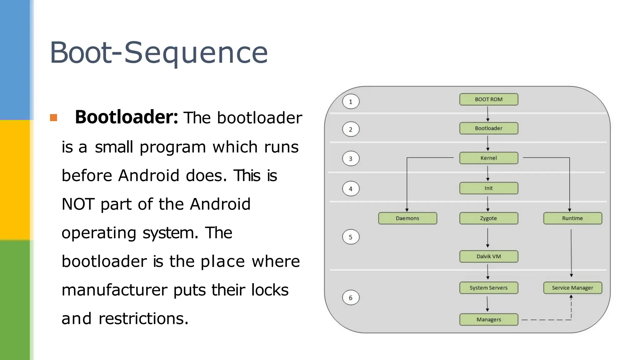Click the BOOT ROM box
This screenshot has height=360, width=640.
488,99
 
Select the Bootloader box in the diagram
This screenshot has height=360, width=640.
488,128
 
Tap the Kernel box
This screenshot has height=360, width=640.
488,158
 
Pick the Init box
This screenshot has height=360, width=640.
488,188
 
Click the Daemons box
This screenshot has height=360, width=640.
407,218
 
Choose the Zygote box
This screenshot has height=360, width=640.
488,218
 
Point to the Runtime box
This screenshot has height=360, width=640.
572,218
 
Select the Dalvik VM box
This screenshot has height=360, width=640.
488,257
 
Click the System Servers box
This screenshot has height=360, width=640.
488,288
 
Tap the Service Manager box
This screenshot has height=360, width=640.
572,288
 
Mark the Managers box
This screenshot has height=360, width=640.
488,320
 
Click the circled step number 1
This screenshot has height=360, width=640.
351,102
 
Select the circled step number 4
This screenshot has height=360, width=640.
351,189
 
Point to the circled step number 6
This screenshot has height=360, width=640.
351,298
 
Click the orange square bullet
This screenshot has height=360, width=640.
53,118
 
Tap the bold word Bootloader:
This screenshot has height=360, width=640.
126,117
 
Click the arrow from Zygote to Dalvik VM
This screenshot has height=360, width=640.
487,237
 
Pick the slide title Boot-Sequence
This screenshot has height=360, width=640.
159,52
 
